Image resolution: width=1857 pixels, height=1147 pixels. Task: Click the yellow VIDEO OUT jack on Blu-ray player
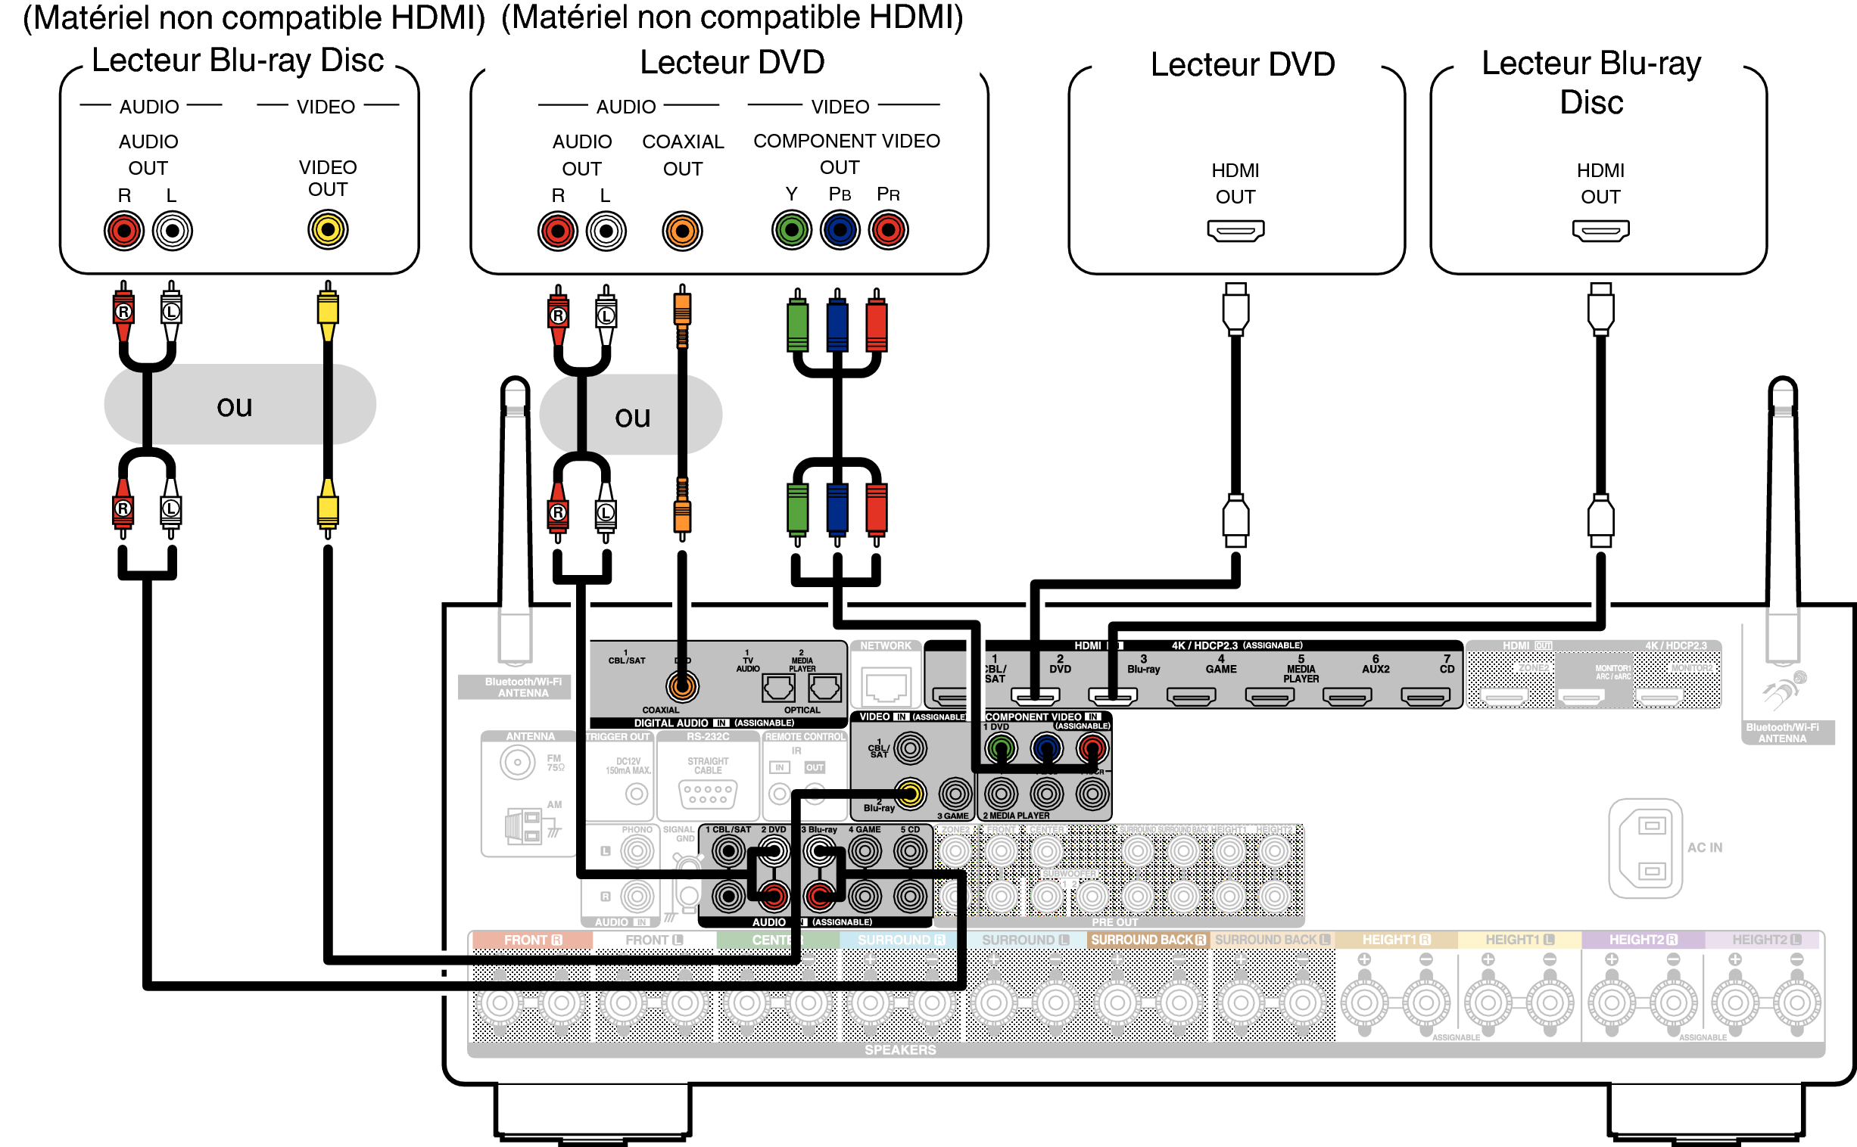point(328,230)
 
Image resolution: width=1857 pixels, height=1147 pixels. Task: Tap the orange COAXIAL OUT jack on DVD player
point(681,232)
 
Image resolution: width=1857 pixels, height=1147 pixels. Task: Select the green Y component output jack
point(792,230)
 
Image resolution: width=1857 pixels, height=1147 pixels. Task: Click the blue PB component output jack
point(840,230)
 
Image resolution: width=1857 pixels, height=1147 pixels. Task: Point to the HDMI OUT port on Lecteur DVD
point(1235,231)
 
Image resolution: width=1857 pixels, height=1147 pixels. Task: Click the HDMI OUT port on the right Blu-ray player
point(1600,231)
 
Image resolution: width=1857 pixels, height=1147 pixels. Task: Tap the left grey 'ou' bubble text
point(234,406)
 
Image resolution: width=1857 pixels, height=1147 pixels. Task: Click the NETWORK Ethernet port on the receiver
point(886,685)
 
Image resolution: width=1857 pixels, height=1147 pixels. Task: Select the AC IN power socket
point(1645,847)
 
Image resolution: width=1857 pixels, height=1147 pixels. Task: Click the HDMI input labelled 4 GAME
point(1191,695)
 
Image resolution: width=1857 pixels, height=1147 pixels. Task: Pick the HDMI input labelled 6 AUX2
point(1347,695)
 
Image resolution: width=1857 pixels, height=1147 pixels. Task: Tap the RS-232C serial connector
point(707,794)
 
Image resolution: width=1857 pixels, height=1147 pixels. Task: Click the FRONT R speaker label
point(532,940)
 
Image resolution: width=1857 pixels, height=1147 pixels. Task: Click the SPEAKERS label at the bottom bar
point(900,1050)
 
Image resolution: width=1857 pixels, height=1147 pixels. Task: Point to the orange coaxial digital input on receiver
point(681,686)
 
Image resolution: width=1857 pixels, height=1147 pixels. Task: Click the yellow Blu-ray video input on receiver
point(910,794)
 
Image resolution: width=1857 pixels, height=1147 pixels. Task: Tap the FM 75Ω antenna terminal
point(518,761)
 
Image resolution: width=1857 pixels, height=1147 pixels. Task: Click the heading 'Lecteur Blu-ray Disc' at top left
point(238,61)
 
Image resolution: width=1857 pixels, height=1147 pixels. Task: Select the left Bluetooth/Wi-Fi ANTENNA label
point(523,687)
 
